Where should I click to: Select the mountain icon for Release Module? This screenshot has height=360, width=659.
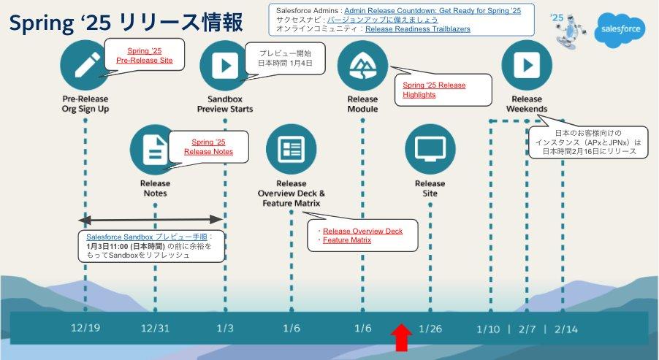click(x=362, y=64)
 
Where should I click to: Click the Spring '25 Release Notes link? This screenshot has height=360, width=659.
click(x=208, y=147)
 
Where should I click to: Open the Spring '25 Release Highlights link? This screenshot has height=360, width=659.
click(x=434, y=90)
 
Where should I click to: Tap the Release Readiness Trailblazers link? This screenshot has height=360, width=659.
click(x=417, y=29)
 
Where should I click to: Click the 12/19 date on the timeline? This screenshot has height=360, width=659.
click(x=86, y=329)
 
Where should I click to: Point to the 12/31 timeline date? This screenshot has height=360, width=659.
click(x=155, y=329)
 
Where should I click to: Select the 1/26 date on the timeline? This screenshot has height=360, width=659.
click(x=430, y=329)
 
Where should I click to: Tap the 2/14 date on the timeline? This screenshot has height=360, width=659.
click(x=566, y=329)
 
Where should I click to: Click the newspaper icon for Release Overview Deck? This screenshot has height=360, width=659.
click(x=292, y=149)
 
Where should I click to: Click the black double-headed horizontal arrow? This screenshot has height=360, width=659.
click(x=151, y=218)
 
